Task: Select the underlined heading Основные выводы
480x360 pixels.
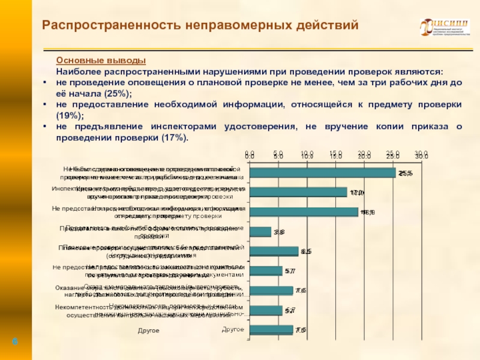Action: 101,61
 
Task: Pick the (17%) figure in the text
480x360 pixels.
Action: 175,138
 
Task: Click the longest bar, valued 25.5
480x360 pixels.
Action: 322,173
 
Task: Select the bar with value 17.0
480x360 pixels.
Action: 298,193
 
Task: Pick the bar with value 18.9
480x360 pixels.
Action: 304,212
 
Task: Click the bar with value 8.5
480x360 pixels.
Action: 274,251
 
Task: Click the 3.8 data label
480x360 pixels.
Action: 279,232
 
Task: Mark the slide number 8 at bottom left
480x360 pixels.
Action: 15,341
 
